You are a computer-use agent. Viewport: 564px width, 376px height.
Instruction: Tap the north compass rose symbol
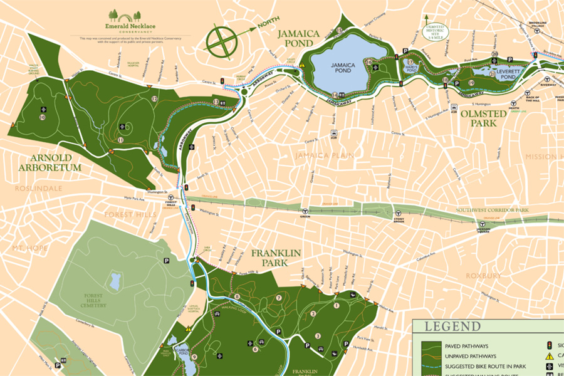tap(222, 41)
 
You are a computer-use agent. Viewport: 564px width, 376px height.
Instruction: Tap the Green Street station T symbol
tap(305, 212)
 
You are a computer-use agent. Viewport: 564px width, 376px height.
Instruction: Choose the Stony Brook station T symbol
tap(398, 212)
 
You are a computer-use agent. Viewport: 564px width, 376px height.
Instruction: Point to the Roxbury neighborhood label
tap(483, 275)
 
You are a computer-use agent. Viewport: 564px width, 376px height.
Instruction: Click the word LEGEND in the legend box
tap(452, 326)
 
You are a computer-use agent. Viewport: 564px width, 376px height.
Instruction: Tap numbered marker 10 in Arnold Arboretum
tap(42, 117)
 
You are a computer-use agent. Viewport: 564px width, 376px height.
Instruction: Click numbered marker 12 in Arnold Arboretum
tap(154, 98)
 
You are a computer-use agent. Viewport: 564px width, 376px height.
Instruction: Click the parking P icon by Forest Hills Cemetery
tap(167, 261)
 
